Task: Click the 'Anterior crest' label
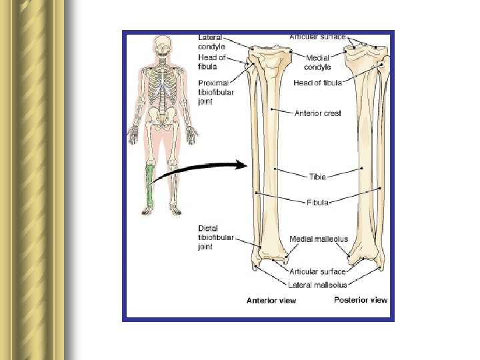pyautogui.click(x=317, y=113)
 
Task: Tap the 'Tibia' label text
pyautogui.click(x=317, y=177)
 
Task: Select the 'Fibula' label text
pyautogui.click(x=317, y=201)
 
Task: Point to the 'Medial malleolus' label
pyautogui.click(x=319, y=239)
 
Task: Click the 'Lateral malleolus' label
pyautogui.click(x=318, y=285)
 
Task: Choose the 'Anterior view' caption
pyautogui.click(x=271, y=301)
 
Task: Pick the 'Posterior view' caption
pyautogui.click(x=360, y=300)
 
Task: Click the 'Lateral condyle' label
pyautogui.click(x=212, y=42)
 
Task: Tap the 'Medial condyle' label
pyautogui.click(x=318, y=62)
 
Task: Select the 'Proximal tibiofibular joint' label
pyautogui.click(x=215, y=93)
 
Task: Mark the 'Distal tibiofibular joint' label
pyautogui.click(x=215, y=238)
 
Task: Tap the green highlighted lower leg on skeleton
pyautogui.click(x=151, y=186)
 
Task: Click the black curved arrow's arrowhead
pyautogui.click(x=241, y=165)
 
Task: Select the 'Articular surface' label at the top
pyautogui.click(x=317, y=36)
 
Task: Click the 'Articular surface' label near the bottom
pyautogui.click(x=317, y=271)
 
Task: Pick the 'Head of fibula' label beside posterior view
pyautogui.click(x=318, y=83)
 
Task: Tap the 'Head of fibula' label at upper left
pyautogui.click(x=213, y=62)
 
